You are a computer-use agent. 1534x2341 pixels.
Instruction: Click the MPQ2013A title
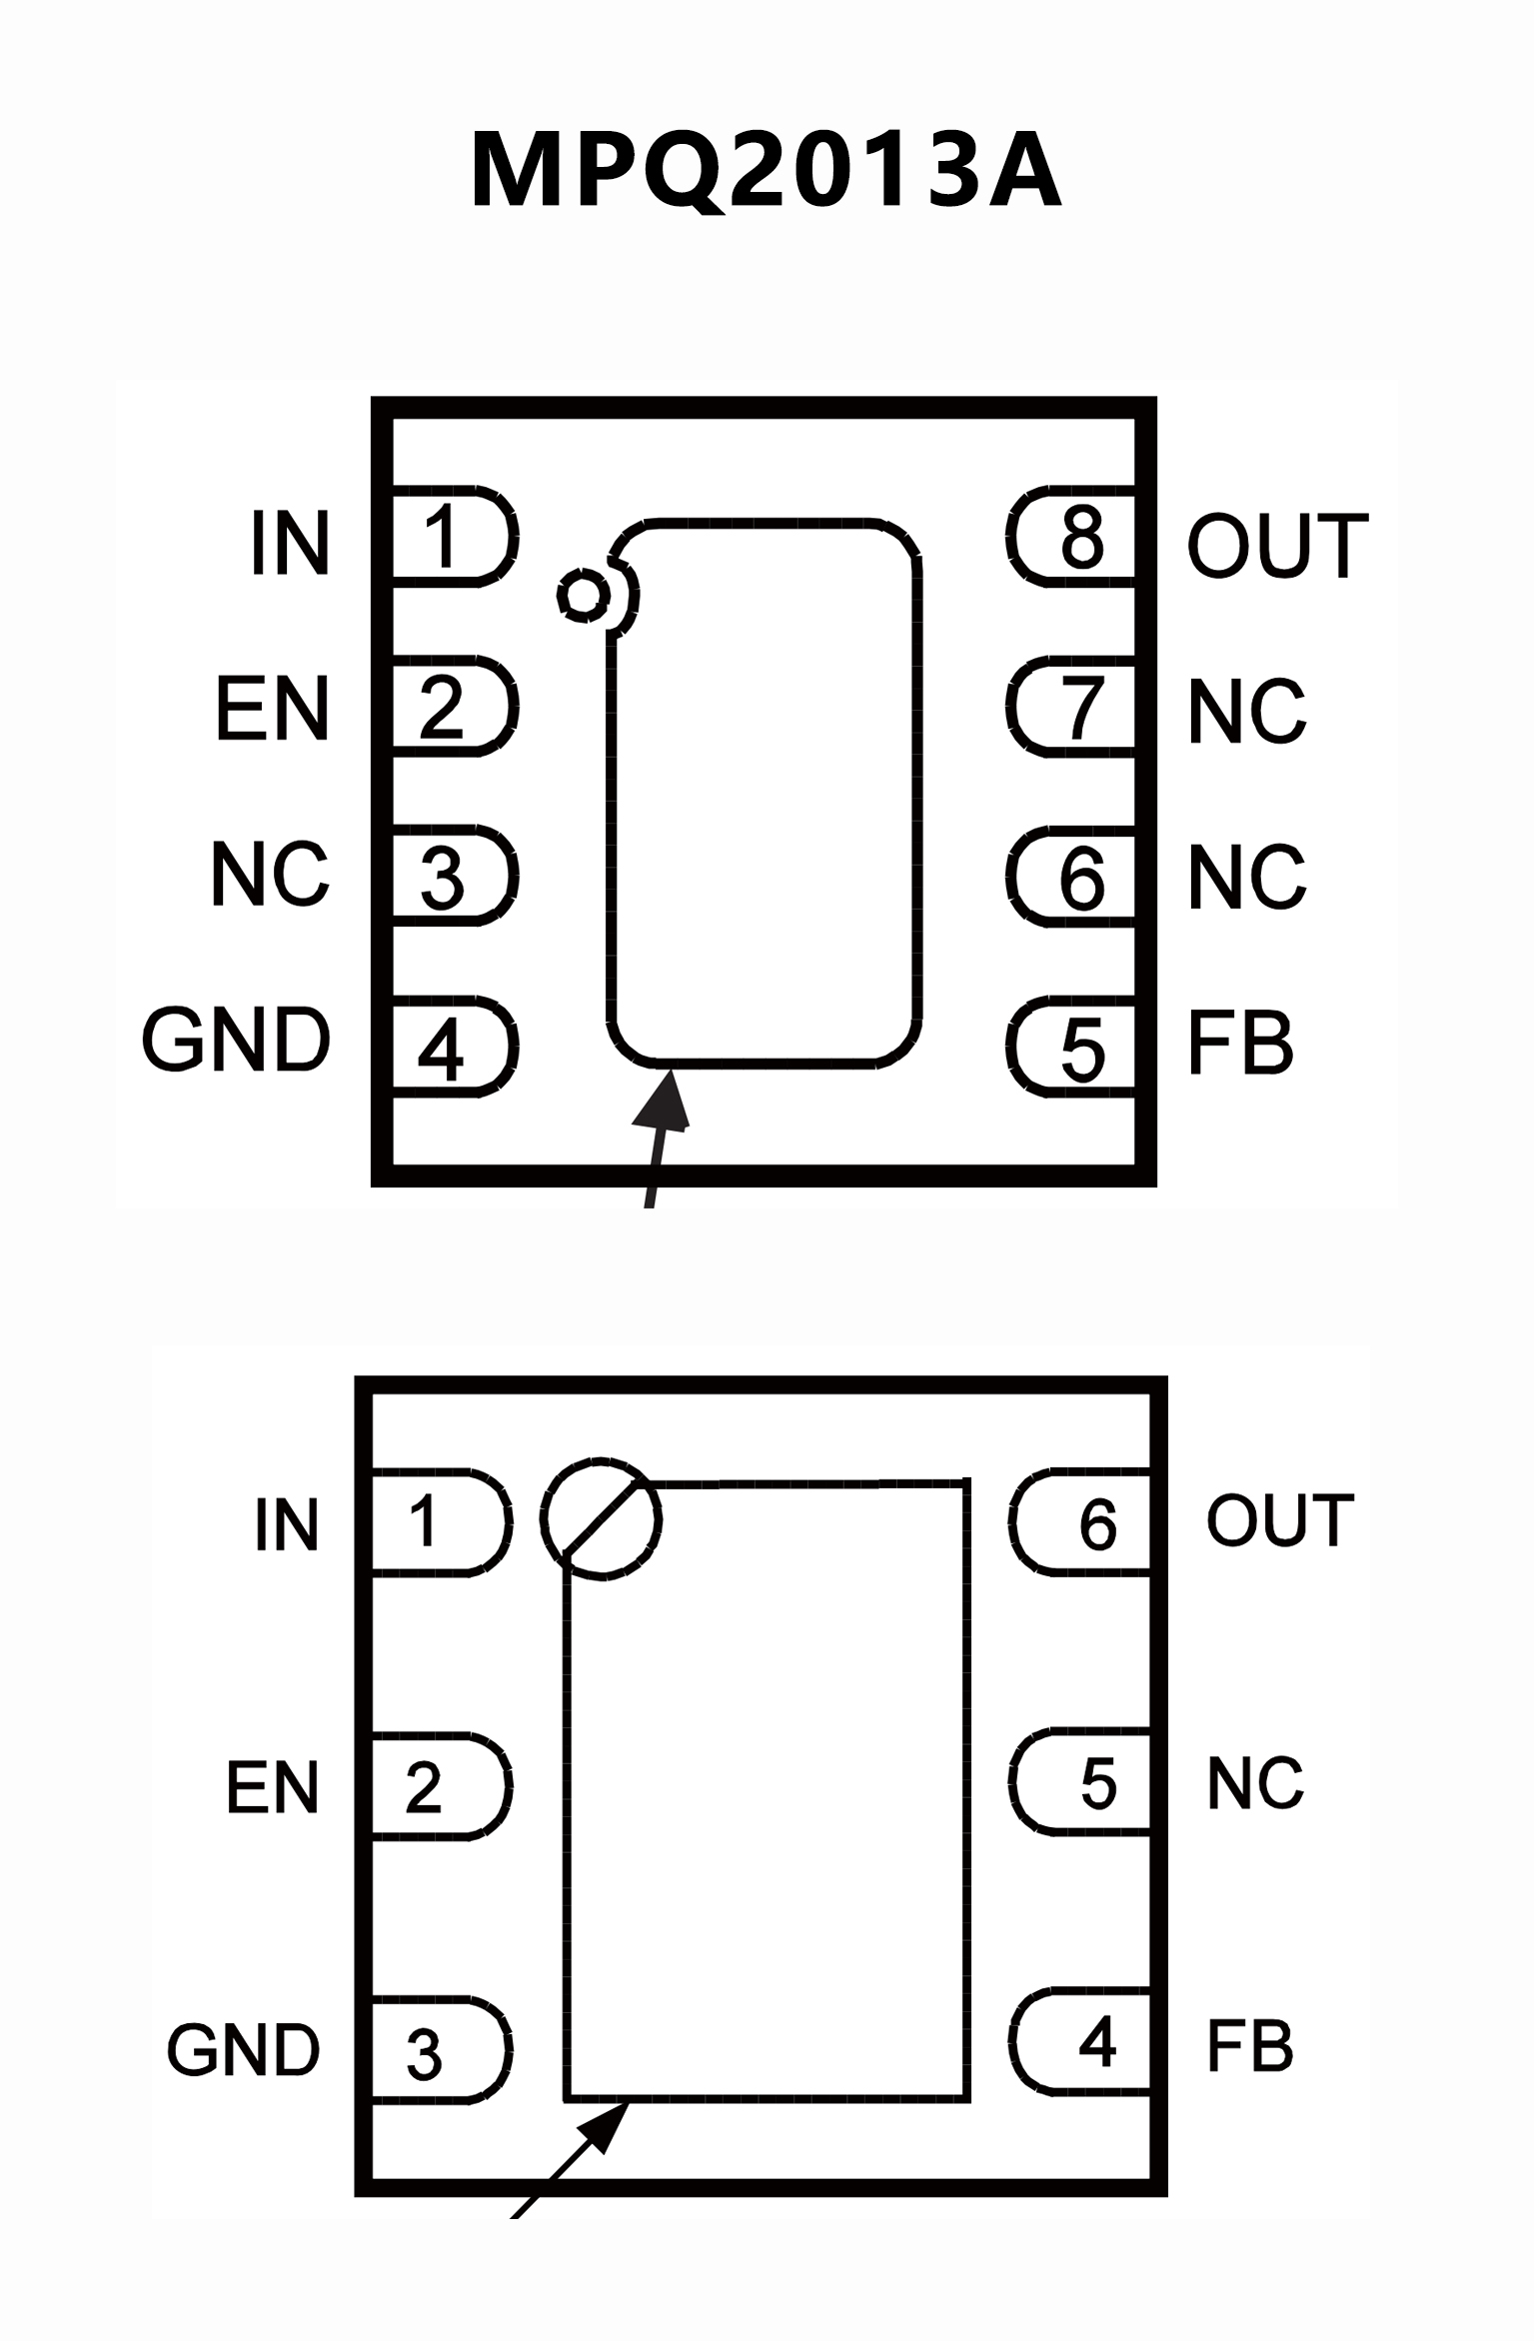(x=766, y=171)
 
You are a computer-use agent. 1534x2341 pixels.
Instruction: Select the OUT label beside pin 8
(x=1276, y=545)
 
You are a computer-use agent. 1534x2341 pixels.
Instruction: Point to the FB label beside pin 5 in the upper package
(x=1240, y=1043)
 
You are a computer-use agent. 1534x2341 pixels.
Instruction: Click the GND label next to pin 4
(x=236, y=1040)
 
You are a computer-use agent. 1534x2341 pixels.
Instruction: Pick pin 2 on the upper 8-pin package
(x=452, y=707)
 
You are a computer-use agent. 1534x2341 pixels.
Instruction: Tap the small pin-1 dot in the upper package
(x=583, y=596)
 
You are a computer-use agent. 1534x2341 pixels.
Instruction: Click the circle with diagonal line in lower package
(x=601, y=1519)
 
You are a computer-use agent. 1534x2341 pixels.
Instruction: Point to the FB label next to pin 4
(x=1249, y=2045)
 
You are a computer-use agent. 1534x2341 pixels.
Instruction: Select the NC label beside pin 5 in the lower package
(x=1255, y=1783)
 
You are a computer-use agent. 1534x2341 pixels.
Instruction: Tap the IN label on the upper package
(x=290, y=543)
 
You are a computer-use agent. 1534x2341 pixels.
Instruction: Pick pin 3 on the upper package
(x=452, y=877)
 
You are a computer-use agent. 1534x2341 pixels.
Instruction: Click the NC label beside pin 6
(x=1246, y=877)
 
